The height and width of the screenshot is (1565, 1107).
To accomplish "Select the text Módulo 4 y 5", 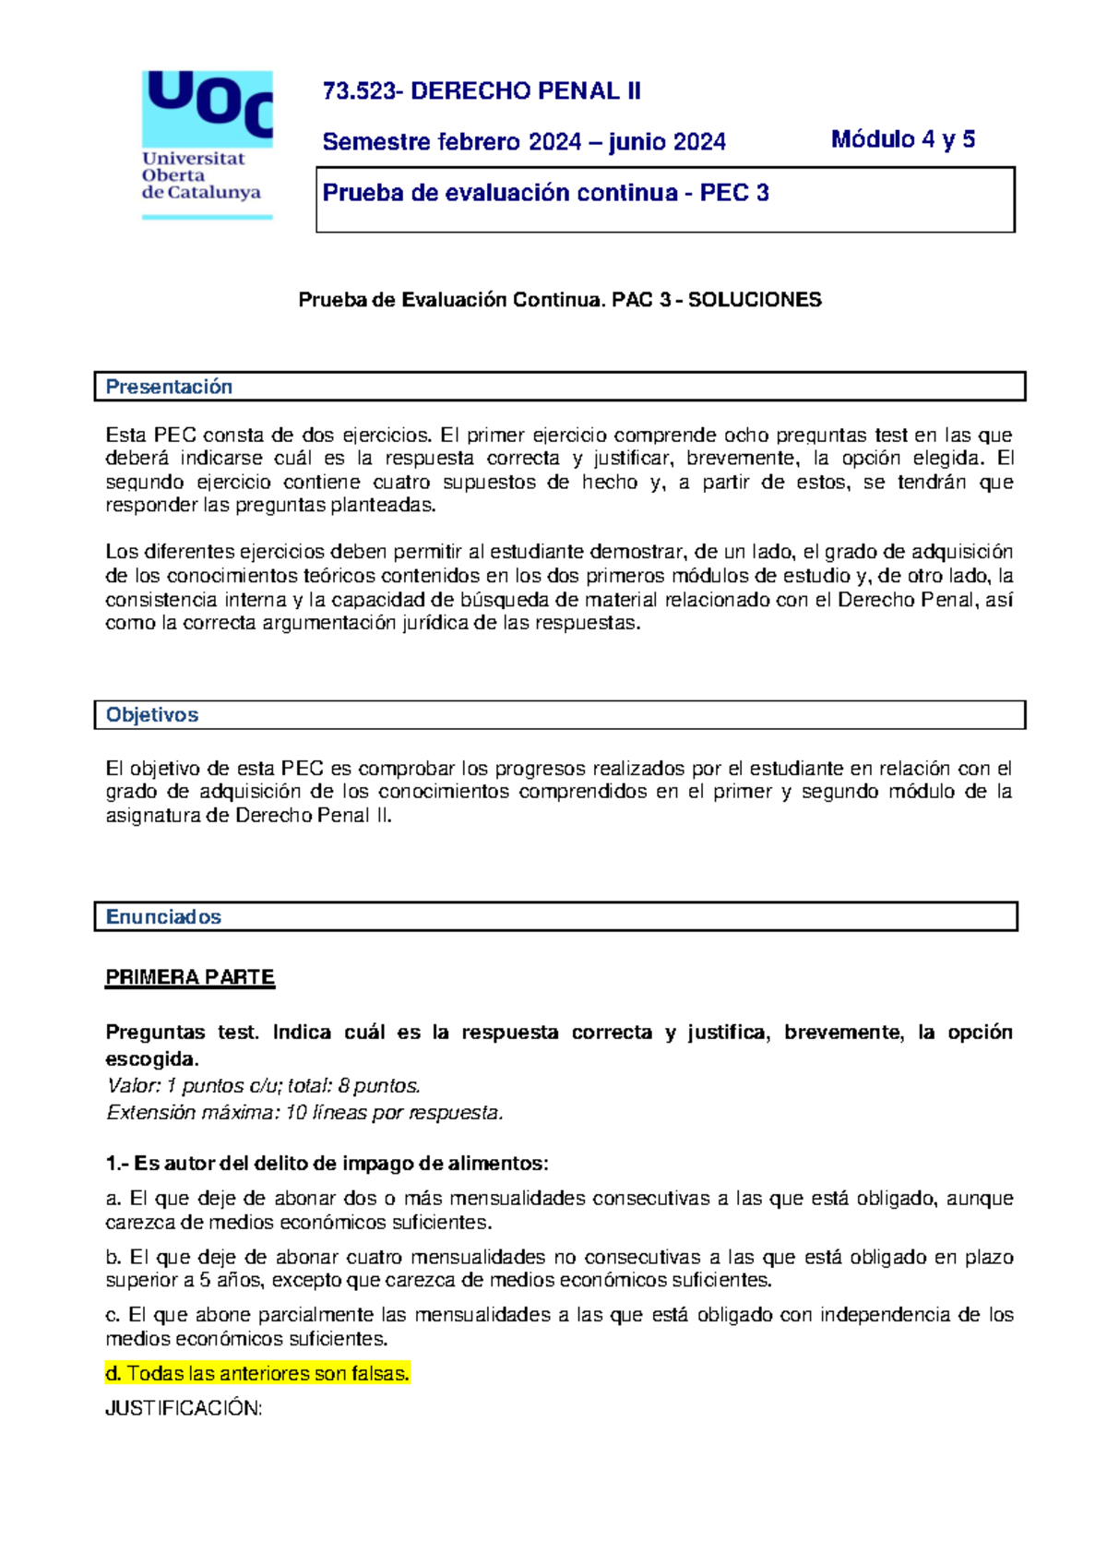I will tap(902, 139).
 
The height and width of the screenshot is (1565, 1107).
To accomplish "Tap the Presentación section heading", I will tap(169, 387).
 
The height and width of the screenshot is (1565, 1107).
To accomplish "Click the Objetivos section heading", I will tap(152, 715).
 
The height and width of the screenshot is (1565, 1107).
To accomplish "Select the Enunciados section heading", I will tap(163, 917).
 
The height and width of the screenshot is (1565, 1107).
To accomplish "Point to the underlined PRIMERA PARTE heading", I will tap(190, 977).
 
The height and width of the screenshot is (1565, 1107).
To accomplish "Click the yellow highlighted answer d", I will tap(258, 1374).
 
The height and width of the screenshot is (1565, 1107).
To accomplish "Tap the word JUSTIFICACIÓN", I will tap(184, 1408).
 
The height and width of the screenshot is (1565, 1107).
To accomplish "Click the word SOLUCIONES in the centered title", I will tap(755, 300).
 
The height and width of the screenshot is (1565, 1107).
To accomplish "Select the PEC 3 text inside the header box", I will tap(734, 193).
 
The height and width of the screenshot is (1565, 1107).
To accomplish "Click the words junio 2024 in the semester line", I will tap(667, 142).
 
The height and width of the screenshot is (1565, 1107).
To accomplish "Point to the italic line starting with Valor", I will tap(264, 1086).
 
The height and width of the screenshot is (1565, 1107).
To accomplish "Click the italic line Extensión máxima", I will tap(304, 1113).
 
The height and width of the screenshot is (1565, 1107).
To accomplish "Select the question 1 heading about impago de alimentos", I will tap(327, 1164).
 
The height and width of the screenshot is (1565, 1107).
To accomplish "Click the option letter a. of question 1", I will tap(113, 1199).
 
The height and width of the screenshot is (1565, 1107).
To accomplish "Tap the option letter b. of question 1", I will tap(113, 1257).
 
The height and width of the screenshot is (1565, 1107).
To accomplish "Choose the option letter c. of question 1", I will tap(113, 1315).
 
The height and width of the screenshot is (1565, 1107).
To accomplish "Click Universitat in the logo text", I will tap(193, 159).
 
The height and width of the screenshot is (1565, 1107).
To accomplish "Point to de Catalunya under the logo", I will tap(200, 193).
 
